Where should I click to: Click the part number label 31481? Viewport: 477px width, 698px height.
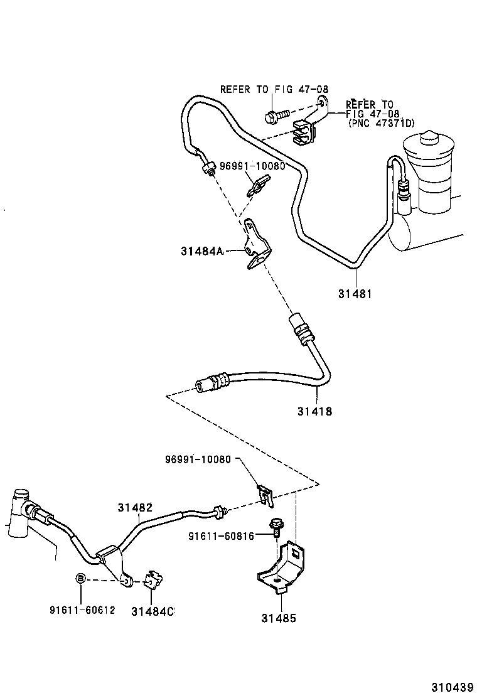pos(355,293)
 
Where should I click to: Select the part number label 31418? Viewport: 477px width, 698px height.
pos(315,412)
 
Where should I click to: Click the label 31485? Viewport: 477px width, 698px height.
pos(278,618)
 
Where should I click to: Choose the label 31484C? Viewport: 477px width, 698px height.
pos(153,611)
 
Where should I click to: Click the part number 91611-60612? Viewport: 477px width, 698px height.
pos(82,610)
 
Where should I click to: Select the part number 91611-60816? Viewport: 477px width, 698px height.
pos(222,535)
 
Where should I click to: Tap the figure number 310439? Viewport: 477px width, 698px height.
pos(451,687)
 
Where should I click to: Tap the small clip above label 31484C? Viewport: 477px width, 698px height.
pos(153,580)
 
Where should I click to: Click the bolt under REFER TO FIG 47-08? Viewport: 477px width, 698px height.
pos(276,115)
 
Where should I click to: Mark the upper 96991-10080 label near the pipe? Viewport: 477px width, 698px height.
pos(252,166)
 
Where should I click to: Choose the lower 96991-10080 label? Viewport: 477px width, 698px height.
pos(198,459)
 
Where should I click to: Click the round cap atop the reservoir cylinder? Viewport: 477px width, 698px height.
pos(429,138)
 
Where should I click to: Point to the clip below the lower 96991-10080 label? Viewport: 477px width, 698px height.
pos(265,496)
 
